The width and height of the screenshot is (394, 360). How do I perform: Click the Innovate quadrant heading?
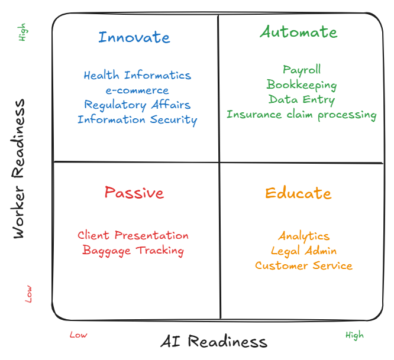(x=134, y=37)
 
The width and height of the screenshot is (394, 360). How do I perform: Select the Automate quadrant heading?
(x=299, y=32)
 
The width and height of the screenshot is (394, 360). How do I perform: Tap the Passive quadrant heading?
(x=134, y=193)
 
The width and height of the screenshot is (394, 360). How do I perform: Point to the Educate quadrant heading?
(x=298, y=193)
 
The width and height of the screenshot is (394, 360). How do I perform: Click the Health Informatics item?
(x=137, y=76)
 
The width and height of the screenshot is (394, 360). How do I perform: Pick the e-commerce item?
(x=137, y=90)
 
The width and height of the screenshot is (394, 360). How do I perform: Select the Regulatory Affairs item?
(x=137, y=105)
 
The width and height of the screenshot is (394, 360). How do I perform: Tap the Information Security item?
(x=137, y=120)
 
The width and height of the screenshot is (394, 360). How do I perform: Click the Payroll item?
(x=302, y=70)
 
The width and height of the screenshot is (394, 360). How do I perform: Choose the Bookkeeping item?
(x=302, y=85)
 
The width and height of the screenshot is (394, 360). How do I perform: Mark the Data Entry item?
(x=302, y=100)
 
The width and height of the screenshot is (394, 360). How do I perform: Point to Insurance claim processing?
(x=302, y=115)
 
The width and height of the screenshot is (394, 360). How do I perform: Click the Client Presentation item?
(x=133, y=236)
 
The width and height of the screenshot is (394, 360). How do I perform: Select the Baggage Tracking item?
(x=133, y=251)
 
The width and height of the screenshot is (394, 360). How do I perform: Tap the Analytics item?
(x=304, y=236)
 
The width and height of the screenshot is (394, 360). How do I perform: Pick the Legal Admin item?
(x=304, y=251)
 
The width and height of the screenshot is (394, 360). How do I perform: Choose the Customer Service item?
(x=304, y=266)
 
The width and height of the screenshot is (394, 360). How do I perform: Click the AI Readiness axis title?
(x=214, y=342)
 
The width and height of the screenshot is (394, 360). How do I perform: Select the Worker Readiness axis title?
(x=20, y=169)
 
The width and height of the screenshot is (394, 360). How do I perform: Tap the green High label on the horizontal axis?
(x=355, y=335)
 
